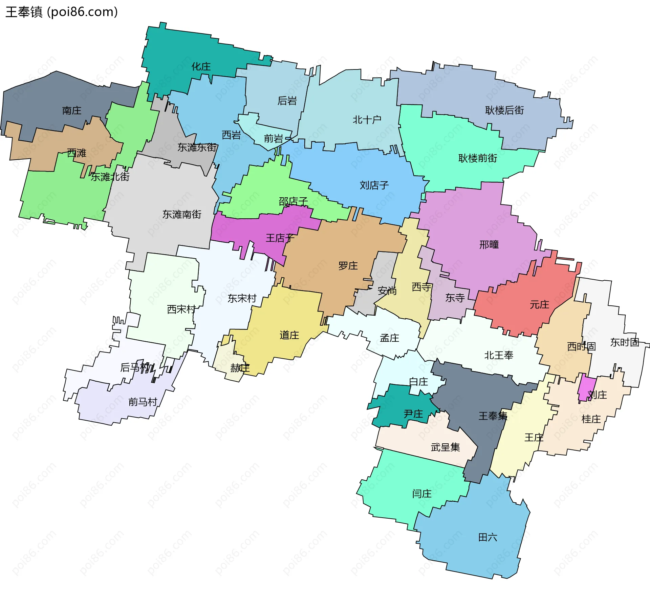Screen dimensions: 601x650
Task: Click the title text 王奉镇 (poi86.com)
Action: tap(62, 12)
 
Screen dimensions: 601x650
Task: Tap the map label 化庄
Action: tap(201, 66)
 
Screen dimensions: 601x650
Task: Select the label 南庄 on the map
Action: tap(72, 111)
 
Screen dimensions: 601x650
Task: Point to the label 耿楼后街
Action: tap(504, 110)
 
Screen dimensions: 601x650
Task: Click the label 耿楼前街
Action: tap(478, 158)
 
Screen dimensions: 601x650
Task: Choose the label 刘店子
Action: tap(374, 185)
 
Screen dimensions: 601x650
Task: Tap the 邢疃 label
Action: tap(489, 244)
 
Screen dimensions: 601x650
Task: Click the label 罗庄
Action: tap(348, 266)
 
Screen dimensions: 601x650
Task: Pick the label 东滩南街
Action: tap(182, 214)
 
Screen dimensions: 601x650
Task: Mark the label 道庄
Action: tap(289, 335)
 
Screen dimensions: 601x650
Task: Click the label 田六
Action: tap(487, 537)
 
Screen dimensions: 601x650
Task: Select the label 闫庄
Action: tap(422, 494)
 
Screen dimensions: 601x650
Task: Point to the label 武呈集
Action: tap(445, 447)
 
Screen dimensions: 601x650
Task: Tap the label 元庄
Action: tap(539, 305)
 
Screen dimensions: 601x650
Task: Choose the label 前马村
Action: tap(143, 402)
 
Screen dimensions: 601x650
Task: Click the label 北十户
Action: tap(367, 120)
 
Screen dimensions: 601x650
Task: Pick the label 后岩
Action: tap(287, 101)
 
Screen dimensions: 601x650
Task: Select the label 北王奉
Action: tap(499, 355)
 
